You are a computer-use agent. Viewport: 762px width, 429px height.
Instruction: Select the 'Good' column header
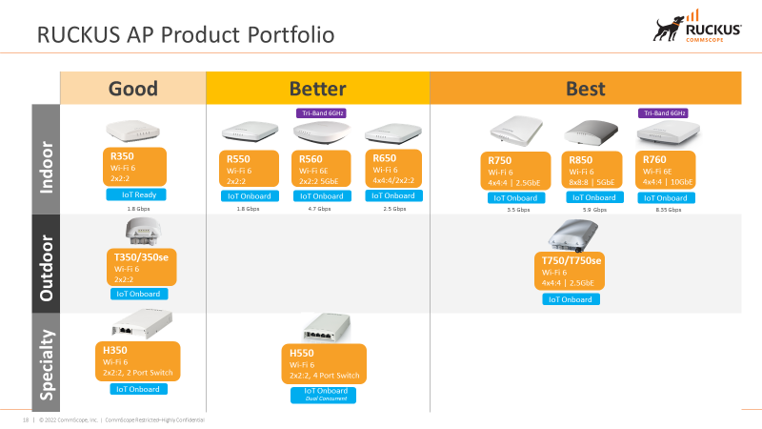click(133, 89)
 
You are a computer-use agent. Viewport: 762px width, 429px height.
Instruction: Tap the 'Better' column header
click(317, 89)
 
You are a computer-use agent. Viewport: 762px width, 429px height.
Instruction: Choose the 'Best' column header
click(586, 89)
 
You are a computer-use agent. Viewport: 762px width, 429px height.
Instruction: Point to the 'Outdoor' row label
click(45, 264)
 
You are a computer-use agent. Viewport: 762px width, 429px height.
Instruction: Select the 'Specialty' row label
click(45, 365)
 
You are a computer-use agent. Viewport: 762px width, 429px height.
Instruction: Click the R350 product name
click(124, 154)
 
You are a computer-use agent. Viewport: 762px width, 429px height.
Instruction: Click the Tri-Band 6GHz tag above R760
click(663, 112)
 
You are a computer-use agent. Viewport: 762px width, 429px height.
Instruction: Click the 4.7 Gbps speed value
click(319, 209)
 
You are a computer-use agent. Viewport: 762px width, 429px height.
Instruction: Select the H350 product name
click(115, 350)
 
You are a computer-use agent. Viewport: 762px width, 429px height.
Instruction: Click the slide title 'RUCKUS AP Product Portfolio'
click(185, 36)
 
